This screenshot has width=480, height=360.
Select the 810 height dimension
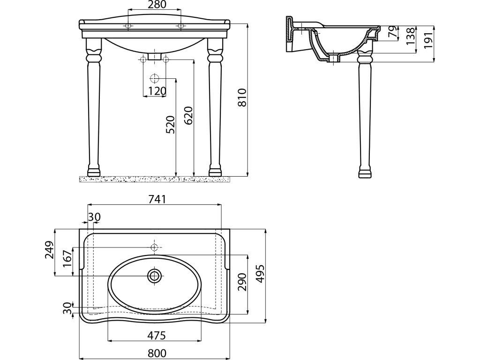242,98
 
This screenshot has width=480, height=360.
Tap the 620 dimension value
187,115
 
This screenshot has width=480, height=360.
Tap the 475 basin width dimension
155,336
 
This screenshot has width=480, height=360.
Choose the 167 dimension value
67,259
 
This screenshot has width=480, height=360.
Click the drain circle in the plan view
154,276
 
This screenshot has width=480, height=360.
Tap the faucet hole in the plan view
154,247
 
